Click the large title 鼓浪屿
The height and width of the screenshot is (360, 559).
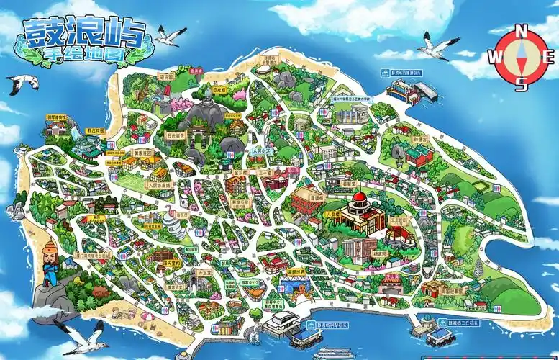[x=84, y=33]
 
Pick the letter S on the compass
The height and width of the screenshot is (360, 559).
[x=523, y=84]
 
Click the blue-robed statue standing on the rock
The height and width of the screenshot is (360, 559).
[x=50, y=263]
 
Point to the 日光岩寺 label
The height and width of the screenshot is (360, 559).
[x=176, y=134]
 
